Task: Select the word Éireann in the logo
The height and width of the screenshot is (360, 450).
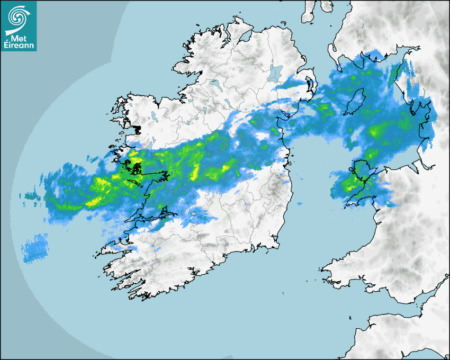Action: pos(19,46)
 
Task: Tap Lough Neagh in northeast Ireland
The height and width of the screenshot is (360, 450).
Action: pos(275,72)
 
